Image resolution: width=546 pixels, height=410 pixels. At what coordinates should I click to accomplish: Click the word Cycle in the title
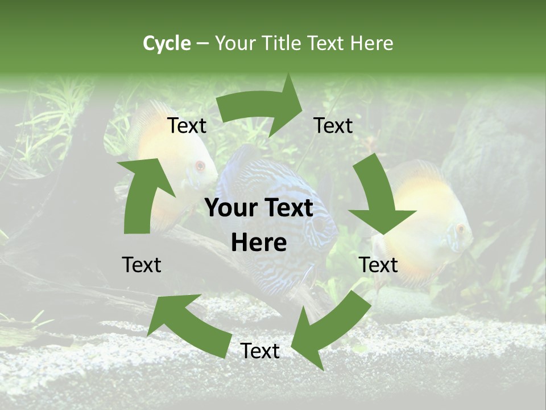(167, 43)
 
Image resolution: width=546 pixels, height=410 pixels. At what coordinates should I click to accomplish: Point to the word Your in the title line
(235, 43)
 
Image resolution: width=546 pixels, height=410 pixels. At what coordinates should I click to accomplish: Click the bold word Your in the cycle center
(229, 208)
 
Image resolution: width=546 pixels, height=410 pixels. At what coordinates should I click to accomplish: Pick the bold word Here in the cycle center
(259, 243)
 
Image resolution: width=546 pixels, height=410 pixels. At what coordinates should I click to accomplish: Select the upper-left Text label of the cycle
(187, 126)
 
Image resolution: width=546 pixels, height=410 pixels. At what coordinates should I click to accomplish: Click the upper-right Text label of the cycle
(333, 126)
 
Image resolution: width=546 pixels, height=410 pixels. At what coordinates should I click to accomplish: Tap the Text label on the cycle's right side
(378, 265)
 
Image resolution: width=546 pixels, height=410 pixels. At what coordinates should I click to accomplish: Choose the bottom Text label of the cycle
(260, 351)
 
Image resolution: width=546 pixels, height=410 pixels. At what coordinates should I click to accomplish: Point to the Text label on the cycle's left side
(142, 265)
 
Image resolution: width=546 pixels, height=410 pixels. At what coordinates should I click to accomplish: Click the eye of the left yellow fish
(200, 166)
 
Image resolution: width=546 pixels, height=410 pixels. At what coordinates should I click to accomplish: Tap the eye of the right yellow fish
(461, 229)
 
